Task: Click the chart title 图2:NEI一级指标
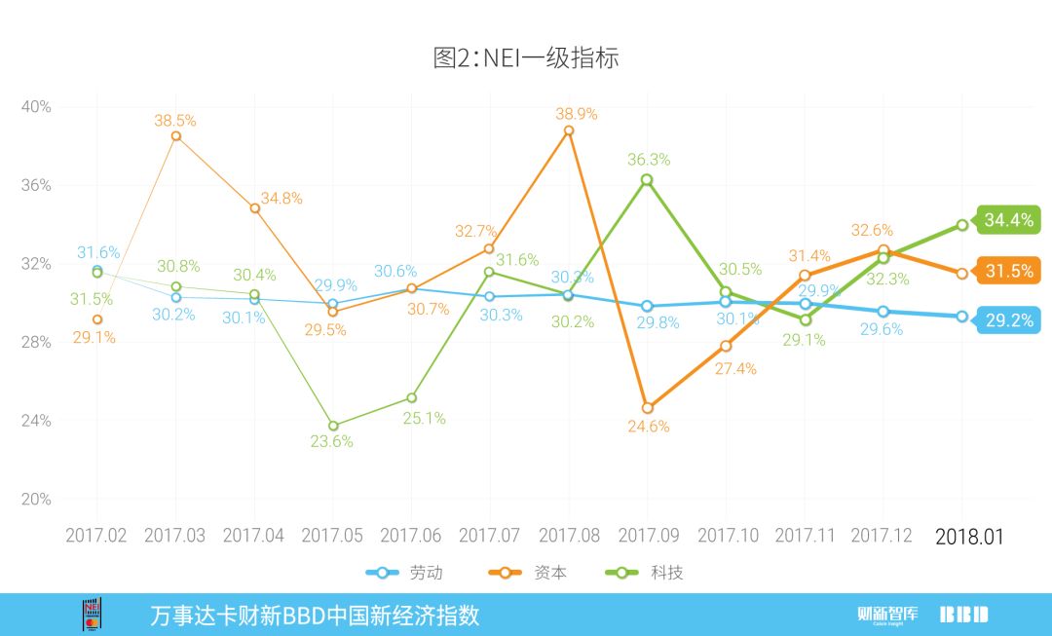pos(526,57)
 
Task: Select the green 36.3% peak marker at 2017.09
pos(647,180)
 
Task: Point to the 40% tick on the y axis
pos(36,107)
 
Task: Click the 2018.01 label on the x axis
pos(968,537)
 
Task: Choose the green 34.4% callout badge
pos(1008,220)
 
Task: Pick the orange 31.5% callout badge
pos(1008,272)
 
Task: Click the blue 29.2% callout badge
pos(1008,319)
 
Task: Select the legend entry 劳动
pos(403,573)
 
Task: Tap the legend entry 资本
pos(532,573)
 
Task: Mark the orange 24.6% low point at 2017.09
pos(647,408)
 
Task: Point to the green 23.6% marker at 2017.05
pos(333,426)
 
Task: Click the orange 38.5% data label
pos(175,121)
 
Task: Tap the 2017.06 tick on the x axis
pos(410,537)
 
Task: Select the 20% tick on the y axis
pos(36,500)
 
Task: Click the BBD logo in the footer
pos(963,615)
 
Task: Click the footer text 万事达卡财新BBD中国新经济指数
pos(315,616)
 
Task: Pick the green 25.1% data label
pos(425,418)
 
